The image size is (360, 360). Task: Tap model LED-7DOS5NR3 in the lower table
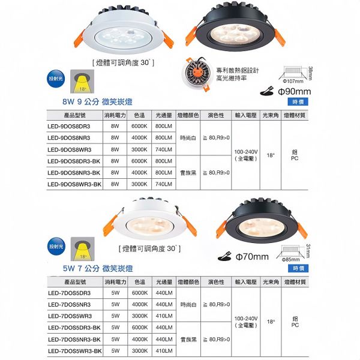pyautogui.click(x=69, y=304)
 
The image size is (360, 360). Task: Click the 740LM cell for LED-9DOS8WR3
pyautogui.click(x=163, y=149)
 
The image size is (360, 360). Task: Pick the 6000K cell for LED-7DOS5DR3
pyautogui.click(x=140, y=293)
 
